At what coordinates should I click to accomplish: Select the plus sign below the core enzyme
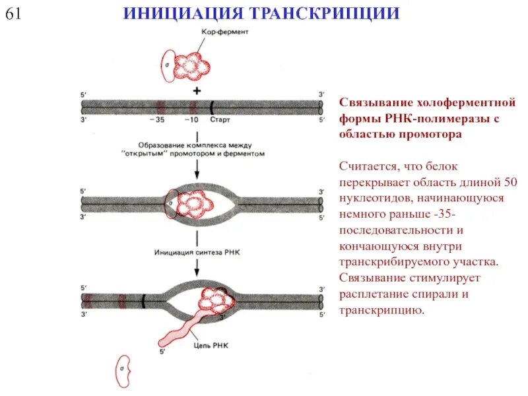click(196, 90)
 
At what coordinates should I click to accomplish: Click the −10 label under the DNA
click(191, 120)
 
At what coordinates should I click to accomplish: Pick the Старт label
click(219, 120)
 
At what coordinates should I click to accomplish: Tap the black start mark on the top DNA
click(212, 106)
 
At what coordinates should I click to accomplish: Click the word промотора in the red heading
click(432, 134)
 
